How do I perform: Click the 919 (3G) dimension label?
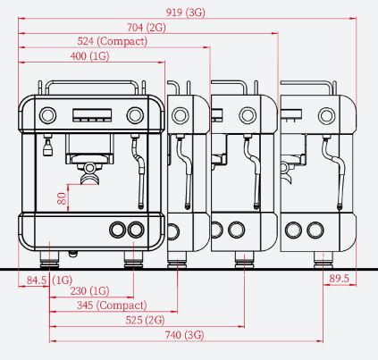click(186, 13)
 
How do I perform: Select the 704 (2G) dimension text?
click(147, 28)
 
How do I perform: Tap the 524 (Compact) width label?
click(113, 41)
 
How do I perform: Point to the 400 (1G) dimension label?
click(89, 56)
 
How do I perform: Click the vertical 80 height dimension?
click(62, 198)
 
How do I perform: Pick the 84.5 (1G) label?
click(49, 280)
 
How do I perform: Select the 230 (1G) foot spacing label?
click(89, 290)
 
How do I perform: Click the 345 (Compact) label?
click(112, 306)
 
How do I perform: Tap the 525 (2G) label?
click(145, 320)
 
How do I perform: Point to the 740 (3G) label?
click(185, 335)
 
